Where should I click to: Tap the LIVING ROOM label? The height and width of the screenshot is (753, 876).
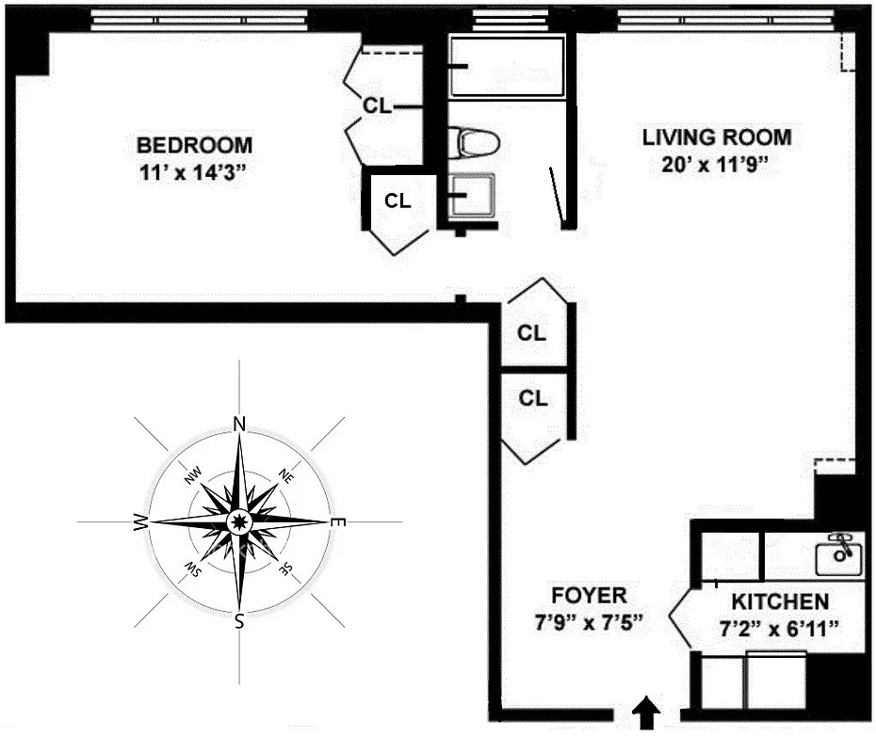coord(716,137)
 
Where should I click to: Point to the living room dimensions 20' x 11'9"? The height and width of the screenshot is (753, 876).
coord(716,165)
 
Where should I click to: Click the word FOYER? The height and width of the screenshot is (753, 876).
coord(589,595)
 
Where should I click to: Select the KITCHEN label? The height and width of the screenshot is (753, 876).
coord(781,601)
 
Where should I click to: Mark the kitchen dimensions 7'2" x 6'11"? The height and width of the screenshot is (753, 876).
coord(781,629)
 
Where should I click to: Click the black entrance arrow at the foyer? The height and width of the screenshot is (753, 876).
coord(646,713)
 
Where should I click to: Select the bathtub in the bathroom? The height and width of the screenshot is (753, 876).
coord(508,67)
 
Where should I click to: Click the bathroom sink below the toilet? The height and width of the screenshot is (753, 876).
coord(472,196)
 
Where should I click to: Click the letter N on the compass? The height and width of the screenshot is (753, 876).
coord(239,425)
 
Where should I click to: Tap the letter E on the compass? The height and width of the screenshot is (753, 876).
coord(340,522)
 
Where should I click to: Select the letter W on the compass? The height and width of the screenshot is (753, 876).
coord(140,522)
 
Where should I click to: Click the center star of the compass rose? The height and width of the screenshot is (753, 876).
coord(239,521)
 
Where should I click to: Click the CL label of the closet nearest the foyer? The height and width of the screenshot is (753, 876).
coord(533,398)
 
